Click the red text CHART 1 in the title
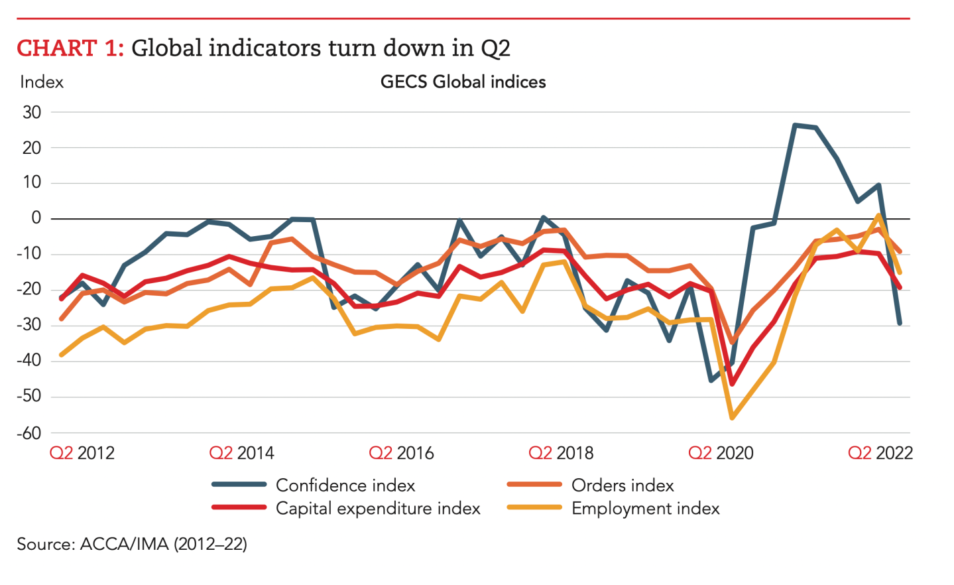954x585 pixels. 70,48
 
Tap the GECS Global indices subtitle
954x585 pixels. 463,82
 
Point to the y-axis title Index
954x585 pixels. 42,82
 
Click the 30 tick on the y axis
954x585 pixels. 32,112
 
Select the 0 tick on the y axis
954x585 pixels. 36,218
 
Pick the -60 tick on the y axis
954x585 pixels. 29,433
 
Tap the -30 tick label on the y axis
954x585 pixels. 29,325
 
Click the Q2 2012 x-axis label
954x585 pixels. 82,453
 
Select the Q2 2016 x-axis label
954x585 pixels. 401,453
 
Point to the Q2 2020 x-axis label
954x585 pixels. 721,453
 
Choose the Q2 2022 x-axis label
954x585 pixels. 880,453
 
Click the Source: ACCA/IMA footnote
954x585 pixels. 132,545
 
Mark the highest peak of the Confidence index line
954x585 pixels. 795,125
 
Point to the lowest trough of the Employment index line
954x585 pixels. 732,418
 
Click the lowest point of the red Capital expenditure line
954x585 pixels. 732,384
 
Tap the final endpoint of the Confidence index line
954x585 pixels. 900,323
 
